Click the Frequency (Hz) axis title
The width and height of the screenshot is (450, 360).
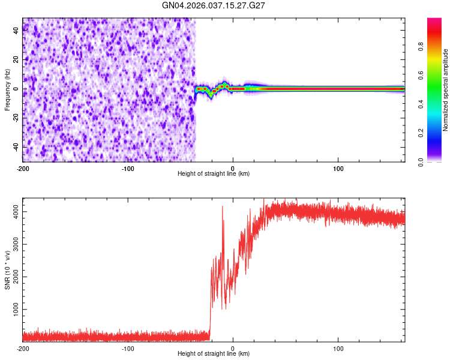click(7, 89)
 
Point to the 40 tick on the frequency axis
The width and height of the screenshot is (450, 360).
click(17, 31)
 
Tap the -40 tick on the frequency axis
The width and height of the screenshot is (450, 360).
click(16, 146)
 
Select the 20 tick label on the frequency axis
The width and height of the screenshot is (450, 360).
click(17, 60)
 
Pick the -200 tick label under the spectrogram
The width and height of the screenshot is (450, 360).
click(23, 169)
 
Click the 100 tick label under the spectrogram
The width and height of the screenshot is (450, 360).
click(338, 169)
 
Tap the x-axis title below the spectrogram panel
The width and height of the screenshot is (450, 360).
click(214, 174)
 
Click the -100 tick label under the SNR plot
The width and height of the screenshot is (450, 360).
click(128, 349)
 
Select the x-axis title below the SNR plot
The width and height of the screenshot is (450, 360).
click(214, 354)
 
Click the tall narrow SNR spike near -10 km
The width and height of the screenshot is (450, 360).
click(223, 208)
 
